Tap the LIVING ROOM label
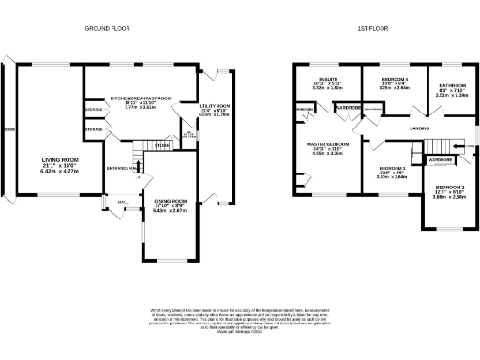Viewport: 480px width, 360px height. coord(58,160)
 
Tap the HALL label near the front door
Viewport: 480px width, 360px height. coord(122,202)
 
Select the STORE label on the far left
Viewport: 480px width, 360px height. coord(9,128)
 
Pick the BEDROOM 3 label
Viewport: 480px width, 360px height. coord(382,167)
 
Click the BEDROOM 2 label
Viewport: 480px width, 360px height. coord(446,187)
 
